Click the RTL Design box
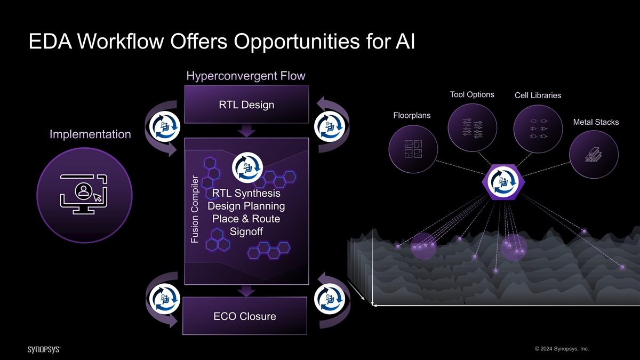(x=246, y=105)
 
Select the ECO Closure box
(x=245, y=316)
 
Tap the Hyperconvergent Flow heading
(x=246, y=76)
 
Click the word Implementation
(x=90, y=134)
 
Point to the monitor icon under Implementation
(x=84, y=194)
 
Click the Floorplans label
(x=412, y=115)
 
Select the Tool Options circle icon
(x=473, y=127)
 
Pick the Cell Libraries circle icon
(x=538, y=129)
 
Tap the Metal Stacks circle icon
(x=594, y=155)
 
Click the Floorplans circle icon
(x=413, y=149)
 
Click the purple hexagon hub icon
(x=503, y=182)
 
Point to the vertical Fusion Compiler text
(x=195, y=210)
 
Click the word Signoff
(x=246, y=231)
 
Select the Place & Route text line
(x=246, y=219)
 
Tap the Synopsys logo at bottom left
(x=44, y=349)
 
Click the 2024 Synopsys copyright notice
(x=562, y=349)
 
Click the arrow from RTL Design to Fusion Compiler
(x=246, y=131)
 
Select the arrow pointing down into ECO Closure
(x=246, y=291)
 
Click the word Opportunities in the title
(x=297, y=42)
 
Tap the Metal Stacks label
(x=596, y=122)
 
